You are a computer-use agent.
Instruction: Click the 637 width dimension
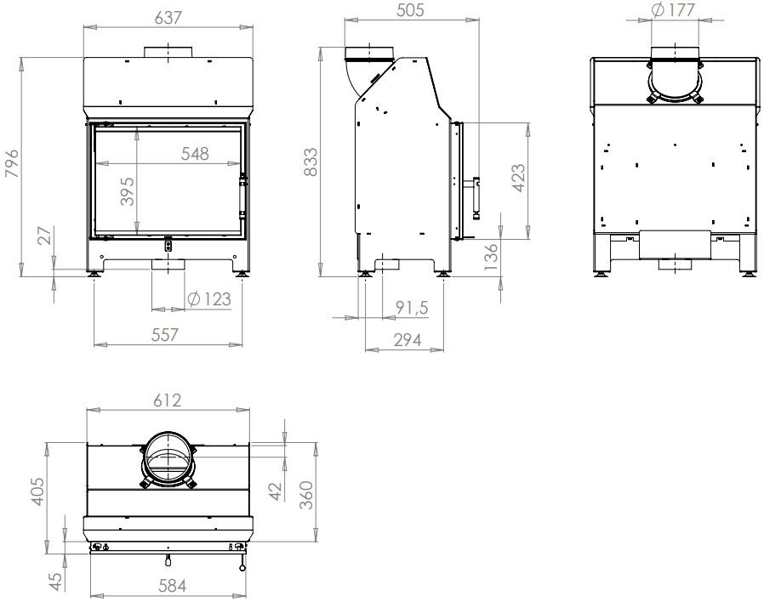pyautogui.click(x=168, y=18)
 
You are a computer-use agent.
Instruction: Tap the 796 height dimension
pyautogui.click(x=12, y=163)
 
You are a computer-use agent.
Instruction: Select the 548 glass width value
pyautogui.click(x=195, y=154)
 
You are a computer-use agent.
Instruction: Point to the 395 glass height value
pyautogui.click(x=127, y=191)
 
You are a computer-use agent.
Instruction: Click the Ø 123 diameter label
pyautogui.click(x=209, y=299)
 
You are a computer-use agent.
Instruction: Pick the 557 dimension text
pyautogui.click(x=165, y=335)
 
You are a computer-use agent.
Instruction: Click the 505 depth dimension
pyautogui.click(x=411, y=10)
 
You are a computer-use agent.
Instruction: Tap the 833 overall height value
pyautogui.click(x=311, y=162)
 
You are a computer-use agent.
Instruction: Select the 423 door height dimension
pyautogui.click(x=519, y=179)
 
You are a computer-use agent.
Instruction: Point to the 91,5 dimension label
pyautogui.click(x=412, y=308)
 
